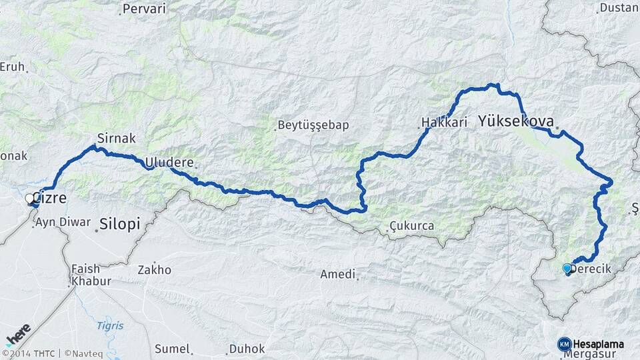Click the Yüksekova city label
pos(516,122)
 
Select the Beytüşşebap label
pos(313,125)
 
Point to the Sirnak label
pos(117,139)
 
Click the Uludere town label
pos(169,162)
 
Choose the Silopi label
pos(120,224)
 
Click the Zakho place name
pos(154,270)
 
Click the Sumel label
pos(172,349)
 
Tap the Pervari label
pos(145,10)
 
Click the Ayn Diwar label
pos(63,222)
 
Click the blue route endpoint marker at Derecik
pos(567,268)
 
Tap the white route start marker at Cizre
pos(30,198)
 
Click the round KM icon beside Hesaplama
pos(564,343)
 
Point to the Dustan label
pos(619,8)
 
